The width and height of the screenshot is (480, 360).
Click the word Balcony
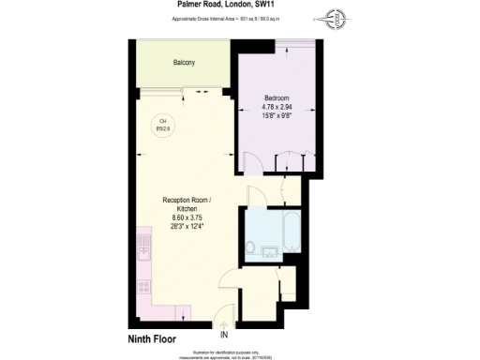coord(184,63)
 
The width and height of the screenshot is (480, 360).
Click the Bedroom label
coord(277,98)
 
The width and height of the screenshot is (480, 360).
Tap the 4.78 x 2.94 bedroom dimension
coord(277,107)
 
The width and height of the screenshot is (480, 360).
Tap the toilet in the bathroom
coord(254,247)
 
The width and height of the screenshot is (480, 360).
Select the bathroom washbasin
coord(268,250)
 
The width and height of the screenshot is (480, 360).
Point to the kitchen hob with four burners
coord(143,278)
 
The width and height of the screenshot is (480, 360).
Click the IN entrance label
coord(224,334)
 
